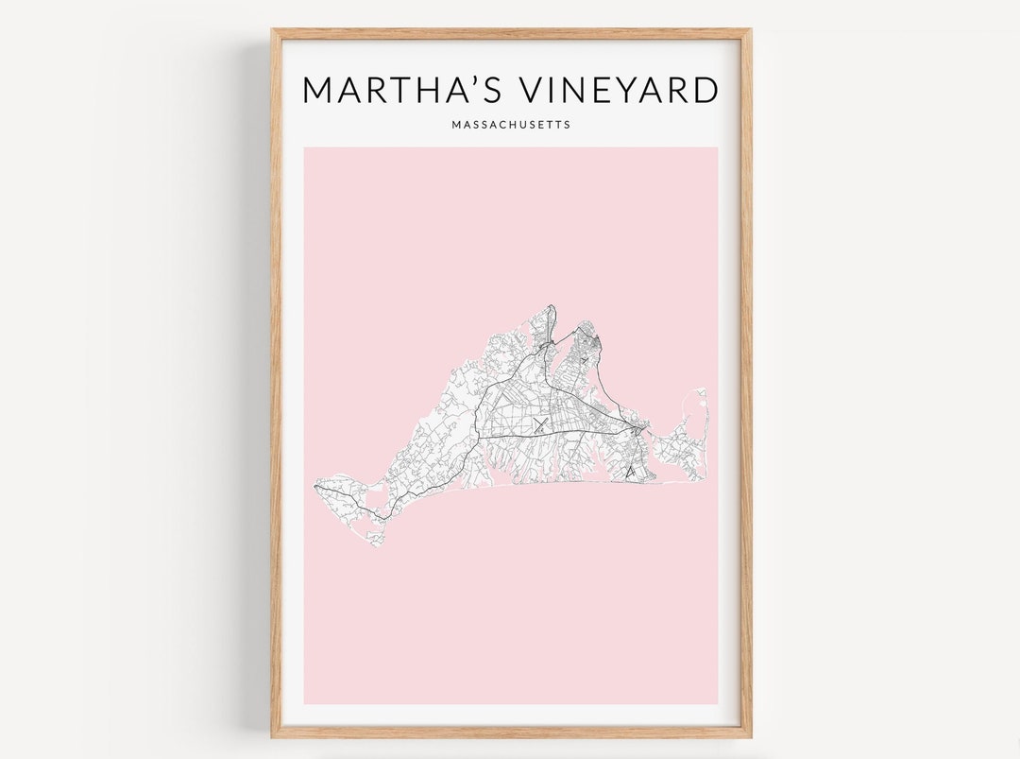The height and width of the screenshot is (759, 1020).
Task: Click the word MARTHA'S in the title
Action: tap(387, 90)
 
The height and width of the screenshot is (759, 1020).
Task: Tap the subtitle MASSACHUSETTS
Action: tap(511, 125)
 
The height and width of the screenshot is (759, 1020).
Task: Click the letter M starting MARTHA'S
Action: tap(319, 90)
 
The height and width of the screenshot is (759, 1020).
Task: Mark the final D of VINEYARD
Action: tap(704, 90)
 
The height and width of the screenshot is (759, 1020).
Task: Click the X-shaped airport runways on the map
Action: tap(539, 425)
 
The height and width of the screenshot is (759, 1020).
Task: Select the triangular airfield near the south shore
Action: tap(629, 470)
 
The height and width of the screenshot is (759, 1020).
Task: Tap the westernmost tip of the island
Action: tap(314, 487)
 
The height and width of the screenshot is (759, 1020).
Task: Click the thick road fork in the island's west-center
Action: tap(478, 438)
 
